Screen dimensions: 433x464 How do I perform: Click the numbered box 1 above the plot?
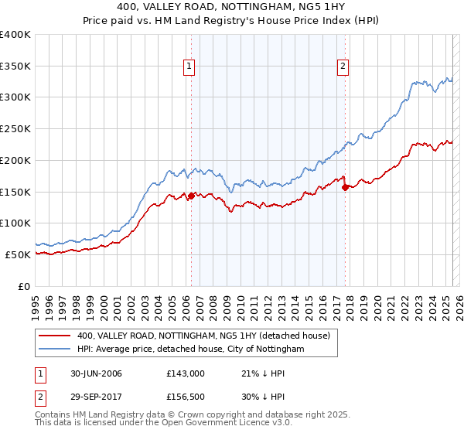[x=189, y=67]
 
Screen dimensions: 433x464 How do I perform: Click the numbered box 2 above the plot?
[x=343, y=67]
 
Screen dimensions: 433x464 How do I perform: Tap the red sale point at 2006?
[x=191, y=196]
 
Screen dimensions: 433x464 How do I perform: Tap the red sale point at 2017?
[x=345, y=187]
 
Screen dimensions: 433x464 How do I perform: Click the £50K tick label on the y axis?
[x=18, y=254]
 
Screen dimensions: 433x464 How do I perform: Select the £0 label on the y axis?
[x=24, y=286]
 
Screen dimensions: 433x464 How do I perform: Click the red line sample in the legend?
[x=54, y=336]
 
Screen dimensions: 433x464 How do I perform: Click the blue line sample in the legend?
[x=54, y=349]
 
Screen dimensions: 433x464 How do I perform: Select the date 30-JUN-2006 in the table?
[x=95, y=373]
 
